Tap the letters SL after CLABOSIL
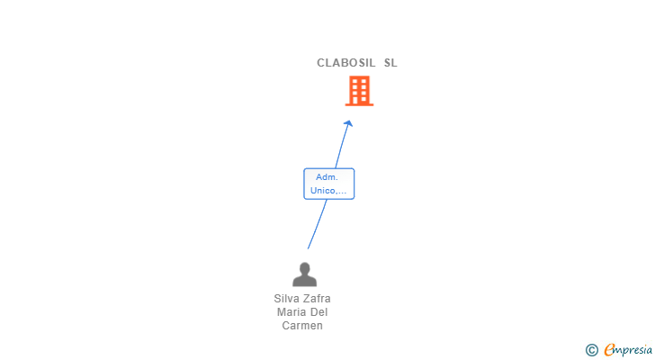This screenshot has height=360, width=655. [390, 63]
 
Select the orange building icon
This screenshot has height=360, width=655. [359, 91]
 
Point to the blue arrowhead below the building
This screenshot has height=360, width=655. [348, 123]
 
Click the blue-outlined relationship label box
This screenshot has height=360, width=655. [328, 184]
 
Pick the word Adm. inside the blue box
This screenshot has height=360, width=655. [327, 177]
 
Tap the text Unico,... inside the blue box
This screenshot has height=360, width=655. [328, 191]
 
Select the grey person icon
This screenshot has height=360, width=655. [304, 274]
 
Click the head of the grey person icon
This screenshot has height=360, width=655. [304, 268]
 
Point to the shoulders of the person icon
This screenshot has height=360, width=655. [304, 281]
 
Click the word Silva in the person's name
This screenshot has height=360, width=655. [288, 299]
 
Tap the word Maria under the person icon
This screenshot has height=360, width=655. [292, 312]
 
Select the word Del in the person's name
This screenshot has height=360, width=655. [319, 312]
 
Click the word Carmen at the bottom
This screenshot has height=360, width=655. [302, 326]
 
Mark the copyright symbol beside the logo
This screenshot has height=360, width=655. [591, 350]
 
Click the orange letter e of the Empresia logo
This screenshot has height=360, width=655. [609, 350]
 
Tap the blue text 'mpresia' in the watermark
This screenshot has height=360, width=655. [633, 349]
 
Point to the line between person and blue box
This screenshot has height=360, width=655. [317, 225]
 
